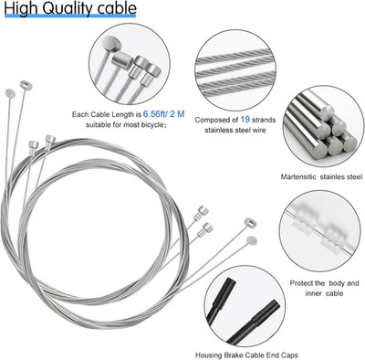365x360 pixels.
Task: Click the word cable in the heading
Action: click(x=117, y=8)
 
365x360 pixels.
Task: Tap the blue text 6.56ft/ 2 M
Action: click(x=163, y=114)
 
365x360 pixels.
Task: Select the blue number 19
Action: click(x=245, y=120)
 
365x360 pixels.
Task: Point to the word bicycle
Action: click(x=151, y=124)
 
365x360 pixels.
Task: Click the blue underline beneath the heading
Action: click(x=70, y=16)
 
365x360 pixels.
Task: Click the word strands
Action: click(x=264, y=120)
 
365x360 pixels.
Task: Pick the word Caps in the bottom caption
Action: click(x=290, y=355)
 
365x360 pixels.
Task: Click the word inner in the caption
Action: click(x=314, y=293)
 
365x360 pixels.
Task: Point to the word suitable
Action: click(x=98, y=124)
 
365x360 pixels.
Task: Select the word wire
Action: click(x=258, y=130)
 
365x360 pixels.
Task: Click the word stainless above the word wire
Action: click(x=217, y=130)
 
